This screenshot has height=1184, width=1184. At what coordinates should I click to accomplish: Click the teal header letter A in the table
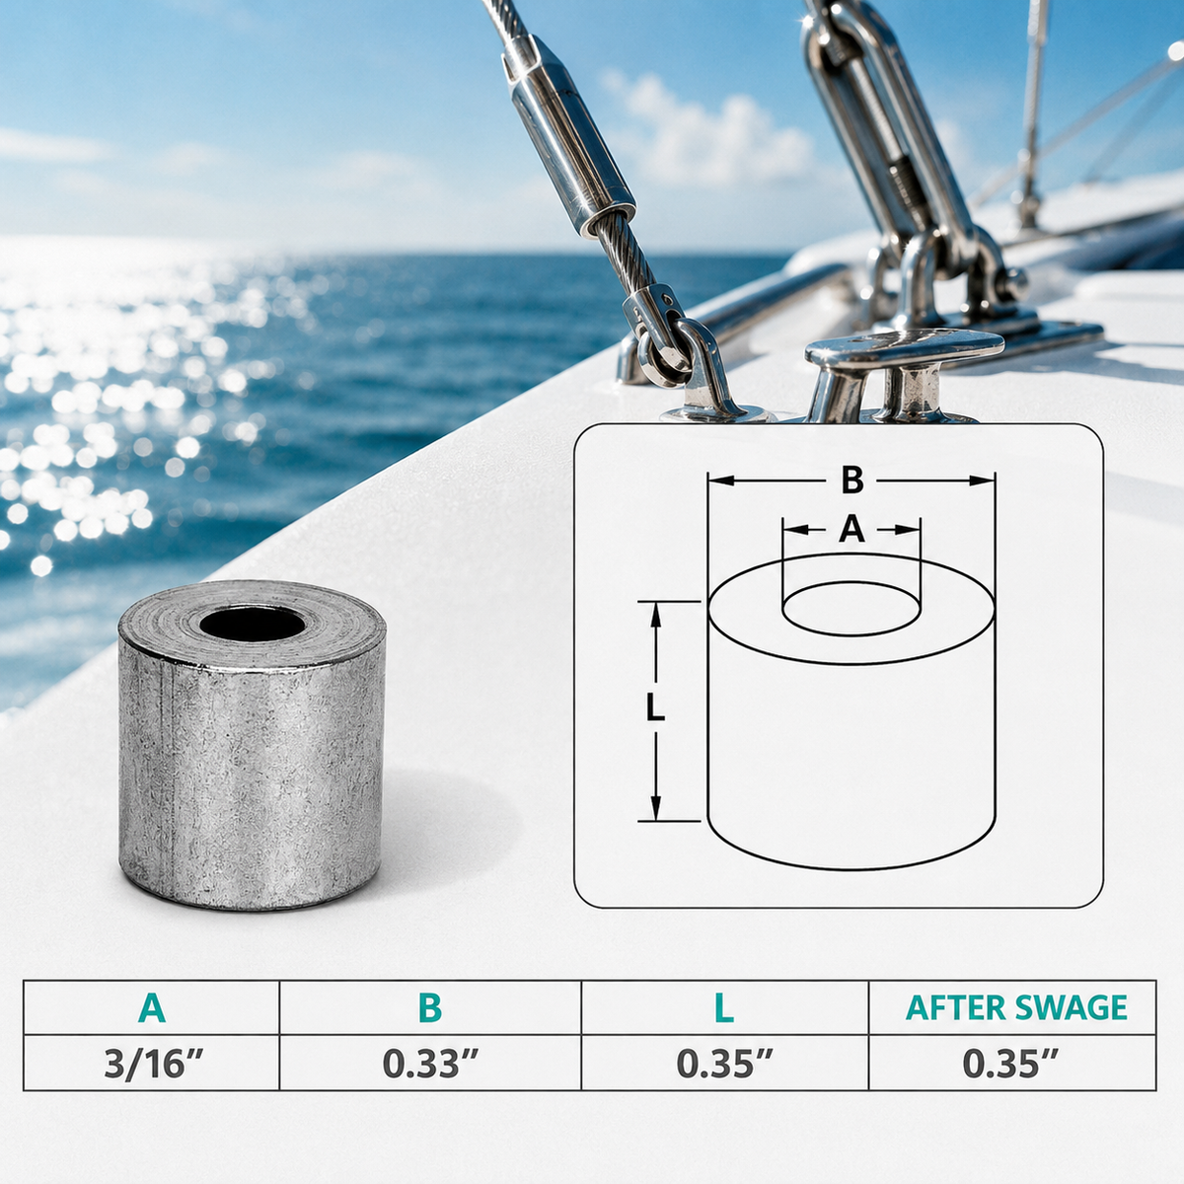(x=152, y=1007)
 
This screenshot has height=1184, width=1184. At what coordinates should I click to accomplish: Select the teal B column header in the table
(x=429, y=1007)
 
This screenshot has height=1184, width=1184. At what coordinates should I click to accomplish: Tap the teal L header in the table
(x=724, y=1007)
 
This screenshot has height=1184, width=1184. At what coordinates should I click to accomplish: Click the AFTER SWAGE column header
(x=1016, y=1007)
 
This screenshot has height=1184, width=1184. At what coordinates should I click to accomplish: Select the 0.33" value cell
(x=429, y=1064)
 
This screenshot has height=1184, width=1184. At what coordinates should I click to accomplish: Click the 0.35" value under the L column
(x=724, y=1064)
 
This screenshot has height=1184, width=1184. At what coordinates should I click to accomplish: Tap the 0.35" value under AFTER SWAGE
(x=1010, y=1064)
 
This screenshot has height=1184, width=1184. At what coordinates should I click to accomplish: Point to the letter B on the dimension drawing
(x=852, y=481)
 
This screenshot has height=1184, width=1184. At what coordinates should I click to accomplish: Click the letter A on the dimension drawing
(x=851, y=529)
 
